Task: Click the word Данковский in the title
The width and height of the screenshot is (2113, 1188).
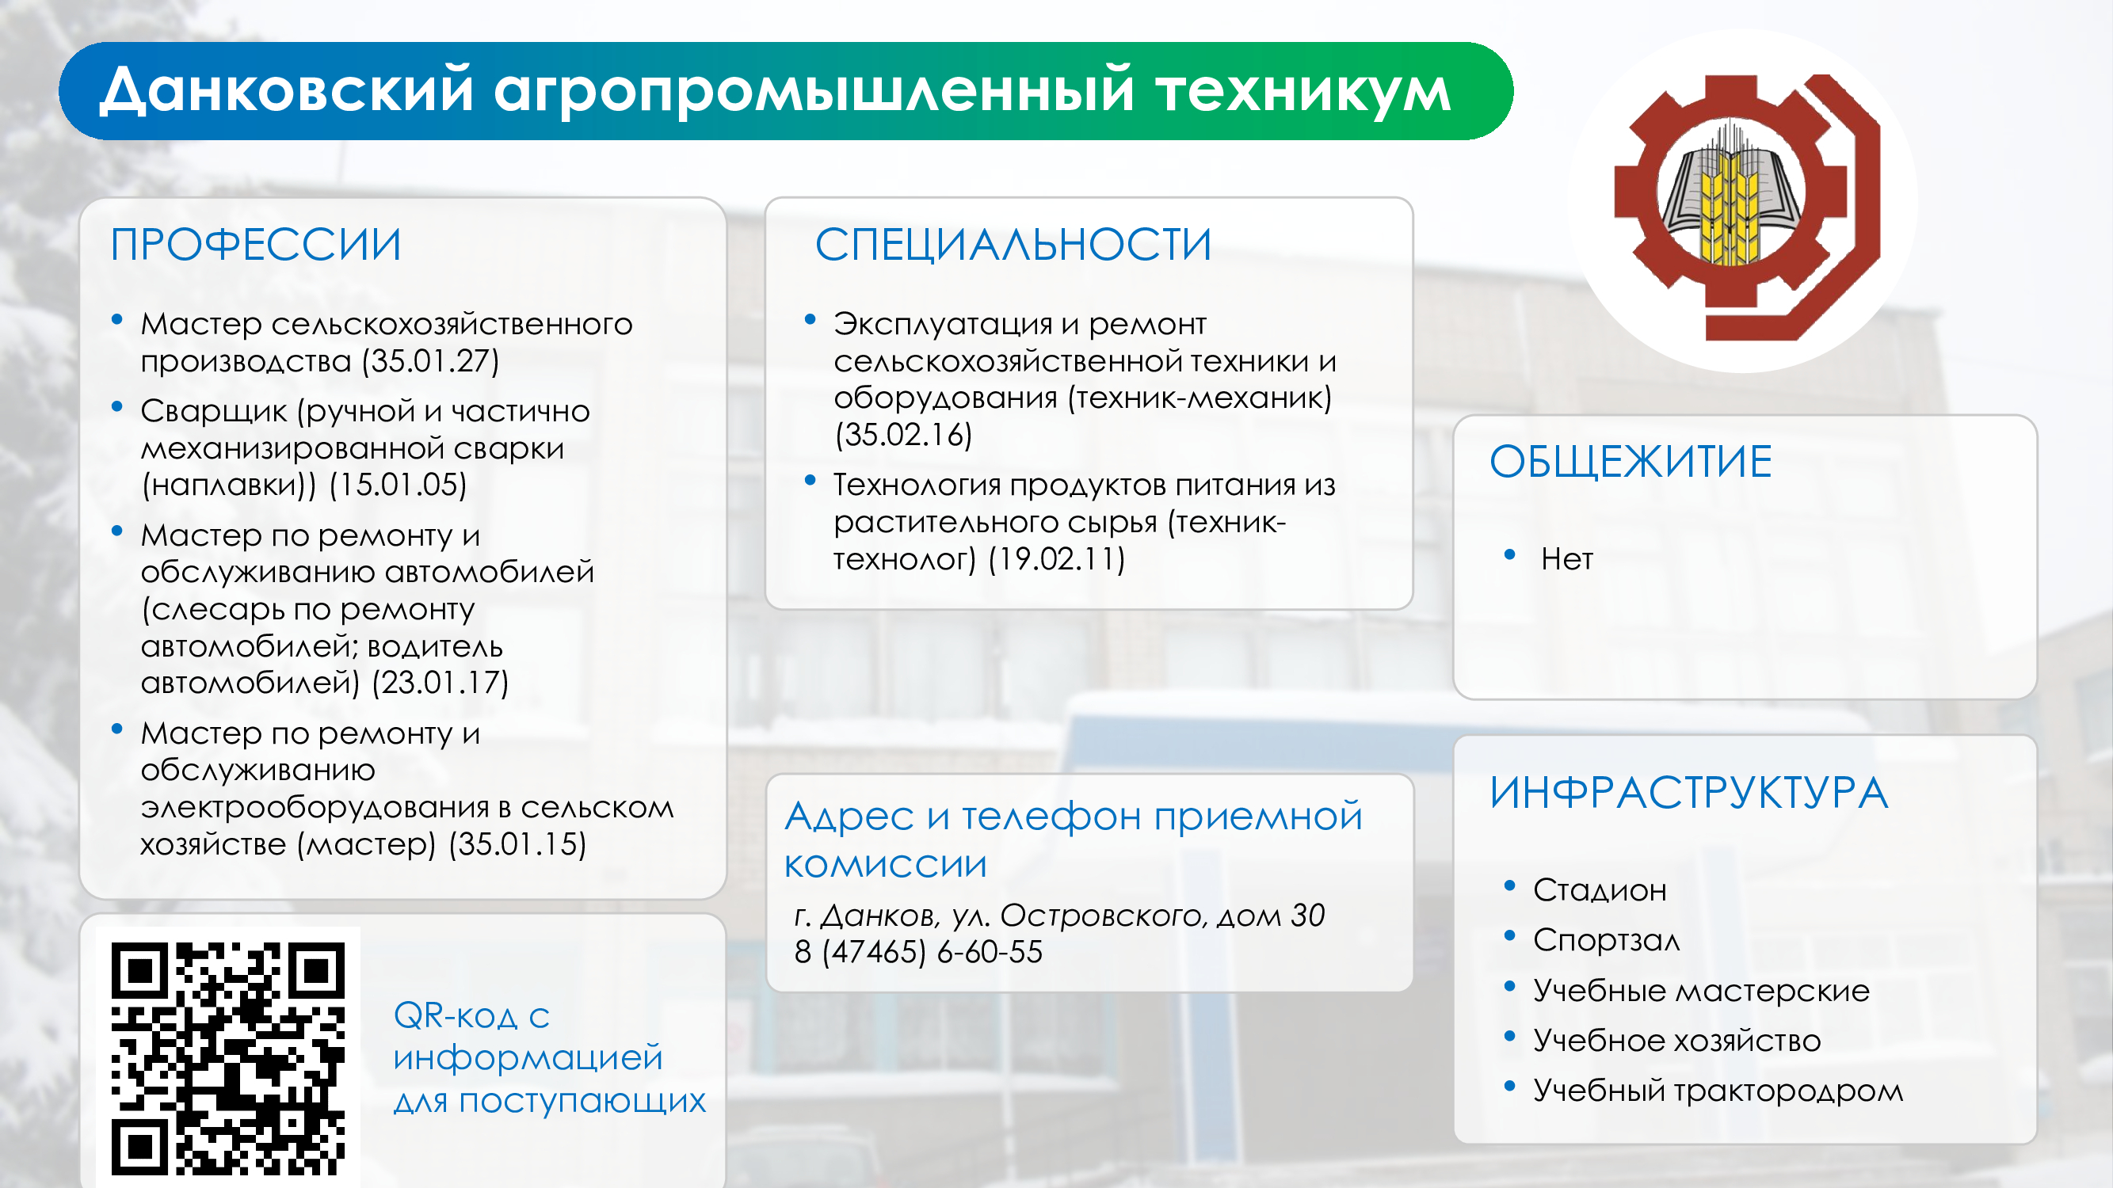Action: (286, 89)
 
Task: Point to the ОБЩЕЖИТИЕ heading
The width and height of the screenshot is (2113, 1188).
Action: (1631, 461)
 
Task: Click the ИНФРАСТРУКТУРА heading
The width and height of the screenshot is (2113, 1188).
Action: (1689, 793)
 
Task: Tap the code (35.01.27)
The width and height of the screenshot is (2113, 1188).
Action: (432, 360)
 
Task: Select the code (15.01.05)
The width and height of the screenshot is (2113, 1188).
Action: (398, 485)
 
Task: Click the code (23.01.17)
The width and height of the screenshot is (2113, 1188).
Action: (441, 682)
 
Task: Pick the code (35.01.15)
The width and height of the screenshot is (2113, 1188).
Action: (517, 843)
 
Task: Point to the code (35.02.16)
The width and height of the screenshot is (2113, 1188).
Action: (903, 435)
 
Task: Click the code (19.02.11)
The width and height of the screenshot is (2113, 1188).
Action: (1057, 559)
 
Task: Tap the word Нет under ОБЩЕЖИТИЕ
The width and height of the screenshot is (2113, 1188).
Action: (1566, 559)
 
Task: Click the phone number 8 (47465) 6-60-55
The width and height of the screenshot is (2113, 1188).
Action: (918, 952)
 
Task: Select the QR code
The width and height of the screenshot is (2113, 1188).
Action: (228, 1057)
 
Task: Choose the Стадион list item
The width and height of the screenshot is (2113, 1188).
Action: (1600, 889)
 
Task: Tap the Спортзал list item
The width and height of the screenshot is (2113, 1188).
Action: (1606, 939)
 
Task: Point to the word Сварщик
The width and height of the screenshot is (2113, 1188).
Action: (213, 412)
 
